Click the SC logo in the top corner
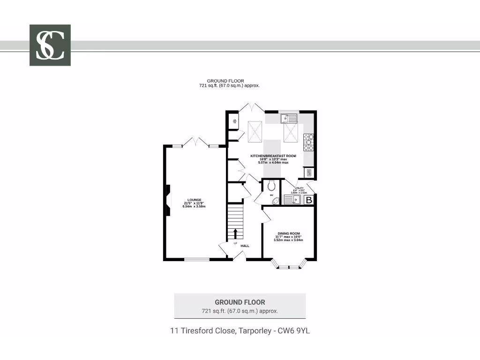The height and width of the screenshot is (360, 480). (x=50, y=45)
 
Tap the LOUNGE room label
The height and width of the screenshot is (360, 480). (x=194, y=200)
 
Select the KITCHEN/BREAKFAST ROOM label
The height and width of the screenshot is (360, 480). (x=273, y=156)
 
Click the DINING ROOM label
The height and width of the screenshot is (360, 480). (x=288, y=233)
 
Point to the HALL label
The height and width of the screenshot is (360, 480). (x=245, y=246)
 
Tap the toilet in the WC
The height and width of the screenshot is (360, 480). (x=271, y=187)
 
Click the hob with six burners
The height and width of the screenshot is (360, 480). (x=308, y=142)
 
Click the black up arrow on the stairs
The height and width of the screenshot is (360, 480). (x=235, y=233)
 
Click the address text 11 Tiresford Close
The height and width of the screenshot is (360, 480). (x=240, y=330)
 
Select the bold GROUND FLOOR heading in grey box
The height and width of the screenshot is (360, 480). (x=240, y=302)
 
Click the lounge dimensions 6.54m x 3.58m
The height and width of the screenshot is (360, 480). (x=194, y=207)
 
